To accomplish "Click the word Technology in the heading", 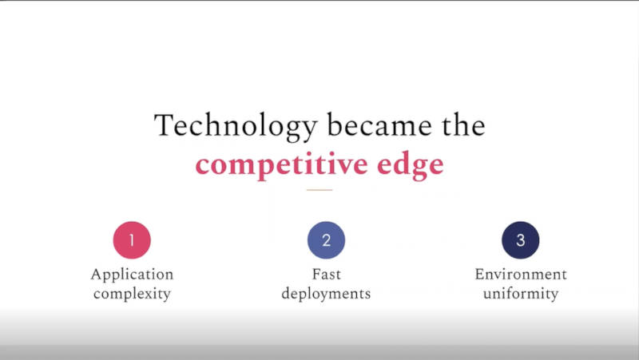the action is click(x=236, y=127).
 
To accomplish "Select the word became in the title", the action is click(x=379, y=125).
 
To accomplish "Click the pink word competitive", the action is click(x=282, y=164).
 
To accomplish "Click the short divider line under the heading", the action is click(x=319, y=190).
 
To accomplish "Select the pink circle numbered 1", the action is click(x=132, y=239).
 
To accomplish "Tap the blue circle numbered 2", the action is click(x=326, y=239).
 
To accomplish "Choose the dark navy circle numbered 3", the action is click(x=521, y=239).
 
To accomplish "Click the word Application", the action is click(x=132, y=275).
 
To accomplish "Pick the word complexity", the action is click(x=132, y=294).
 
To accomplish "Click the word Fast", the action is click(x=326, y=274).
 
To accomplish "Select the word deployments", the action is click(x=326, y=294).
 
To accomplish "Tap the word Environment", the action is click(x=521, y=274).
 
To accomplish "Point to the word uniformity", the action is click(x=521, y=294).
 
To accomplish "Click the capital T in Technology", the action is click(x=164, y=125).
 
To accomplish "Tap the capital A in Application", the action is click(x=96, y=274).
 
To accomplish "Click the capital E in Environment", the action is click(x=480, y=274).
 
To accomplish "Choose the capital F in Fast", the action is click(x=316, y=274).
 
